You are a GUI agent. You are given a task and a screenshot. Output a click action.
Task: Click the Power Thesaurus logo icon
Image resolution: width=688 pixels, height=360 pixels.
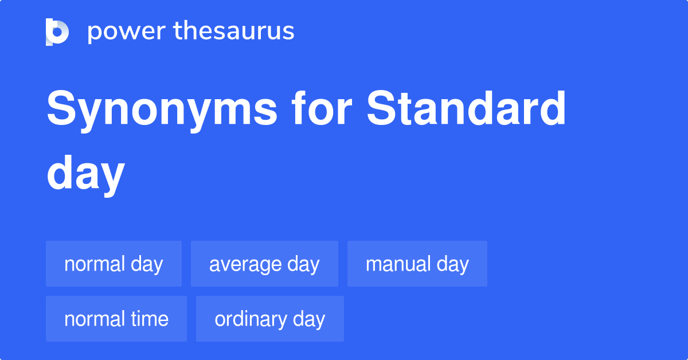(x=57, y=32)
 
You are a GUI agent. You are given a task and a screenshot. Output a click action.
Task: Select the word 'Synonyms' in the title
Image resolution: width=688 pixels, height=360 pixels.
(x=161, y=111)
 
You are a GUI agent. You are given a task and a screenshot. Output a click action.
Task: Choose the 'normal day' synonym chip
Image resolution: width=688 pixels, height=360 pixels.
(x=114, y=264)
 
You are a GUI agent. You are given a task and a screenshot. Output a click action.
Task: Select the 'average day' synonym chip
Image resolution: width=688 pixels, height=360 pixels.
(x=264, y=264)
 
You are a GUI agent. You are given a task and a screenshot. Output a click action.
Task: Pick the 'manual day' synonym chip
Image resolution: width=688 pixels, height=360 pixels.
(x=417, y=264)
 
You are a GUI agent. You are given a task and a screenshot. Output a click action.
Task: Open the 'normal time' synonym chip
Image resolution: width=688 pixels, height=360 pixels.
(x=116, y=319)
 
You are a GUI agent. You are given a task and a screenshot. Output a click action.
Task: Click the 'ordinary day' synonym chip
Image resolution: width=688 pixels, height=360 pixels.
(x=269, y=319)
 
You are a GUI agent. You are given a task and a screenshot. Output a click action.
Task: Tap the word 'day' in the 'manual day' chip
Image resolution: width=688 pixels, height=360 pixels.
(x=453, y=264)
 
